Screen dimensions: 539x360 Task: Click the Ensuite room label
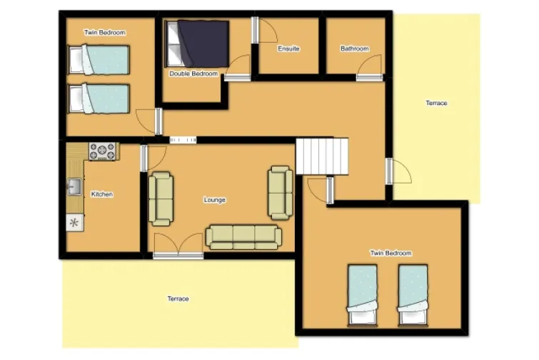(x=288, y=49)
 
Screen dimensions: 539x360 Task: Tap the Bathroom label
(x=355, y=49)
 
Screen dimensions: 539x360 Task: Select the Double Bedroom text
(x=193, y=74)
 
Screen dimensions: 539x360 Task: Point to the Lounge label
(x=214, y=200)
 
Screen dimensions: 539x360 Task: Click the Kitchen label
(x=102, y=194)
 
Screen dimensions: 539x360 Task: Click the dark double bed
(x=197, y=44)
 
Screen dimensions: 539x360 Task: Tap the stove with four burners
(x=102, y=151)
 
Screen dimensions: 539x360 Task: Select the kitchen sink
(x=74, y=186)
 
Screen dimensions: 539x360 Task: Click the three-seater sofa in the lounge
(x=243, y=237)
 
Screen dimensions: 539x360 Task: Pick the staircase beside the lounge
(x=322, y=156)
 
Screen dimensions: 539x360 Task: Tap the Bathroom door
(x=369, y=68)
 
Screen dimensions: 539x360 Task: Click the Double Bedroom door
(x=237, y=68)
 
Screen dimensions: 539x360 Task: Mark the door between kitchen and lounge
(x=153, y=158)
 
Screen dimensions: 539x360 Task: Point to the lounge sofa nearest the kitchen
(x=161, y=199)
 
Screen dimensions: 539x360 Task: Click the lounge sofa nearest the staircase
(x=281, y=193)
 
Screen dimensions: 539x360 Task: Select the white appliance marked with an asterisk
(x=74, y=223)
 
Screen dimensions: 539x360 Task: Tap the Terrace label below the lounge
(x=178, y=299)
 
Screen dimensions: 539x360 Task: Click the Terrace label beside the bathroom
(x=436, y=103)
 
